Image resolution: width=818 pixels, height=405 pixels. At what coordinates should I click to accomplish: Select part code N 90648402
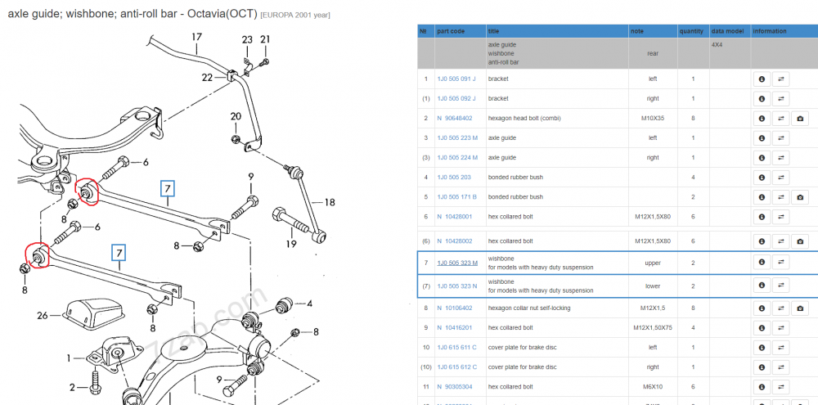[454, 119]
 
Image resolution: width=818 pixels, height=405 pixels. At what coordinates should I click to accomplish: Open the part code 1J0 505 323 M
[457, 263]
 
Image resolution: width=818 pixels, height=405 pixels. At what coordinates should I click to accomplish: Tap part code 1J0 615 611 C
[456, 348]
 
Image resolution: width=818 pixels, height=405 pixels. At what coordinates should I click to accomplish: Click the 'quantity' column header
[691, 31]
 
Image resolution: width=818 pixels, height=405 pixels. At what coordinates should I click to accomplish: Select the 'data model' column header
[727, 31]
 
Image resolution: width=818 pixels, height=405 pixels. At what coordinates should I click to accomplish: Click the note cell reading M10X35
[653, 119]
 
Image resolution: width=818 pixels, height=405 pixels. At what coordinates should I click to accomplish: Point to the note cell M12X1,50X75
[653, 328]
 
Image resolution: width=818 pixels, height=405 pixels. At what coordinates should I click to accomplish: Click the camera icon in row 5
[800, 197]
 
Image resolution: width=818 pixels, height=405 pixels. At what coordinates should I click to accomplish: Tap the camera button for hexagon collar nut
[800, 308]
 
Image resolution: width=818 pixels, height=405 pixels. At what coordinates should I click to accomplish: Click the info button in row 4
[762, 178]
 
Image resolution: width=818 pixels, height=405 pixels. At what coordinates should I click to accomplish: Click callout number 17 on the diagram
[196, 37]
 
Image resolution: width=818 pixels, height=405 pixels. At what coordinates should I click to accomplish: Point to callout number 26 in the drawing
[43, 315]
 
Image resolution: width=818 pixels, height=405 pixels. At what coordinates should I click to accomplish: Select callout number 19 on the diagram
[291, 244]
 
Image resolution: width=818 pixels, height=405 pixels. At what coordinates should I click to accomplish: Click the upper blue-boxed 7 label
[168, 188]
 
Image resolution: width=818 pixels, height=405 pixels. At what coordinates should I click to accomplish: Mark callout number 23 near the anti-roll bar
[247, 39]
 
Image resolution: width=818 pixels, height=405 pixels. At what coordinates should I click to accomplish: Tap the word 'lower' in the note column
[653, 286]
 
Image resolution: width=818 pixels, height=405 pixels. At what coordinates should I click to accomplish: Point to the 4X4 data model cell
[718, 45]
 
